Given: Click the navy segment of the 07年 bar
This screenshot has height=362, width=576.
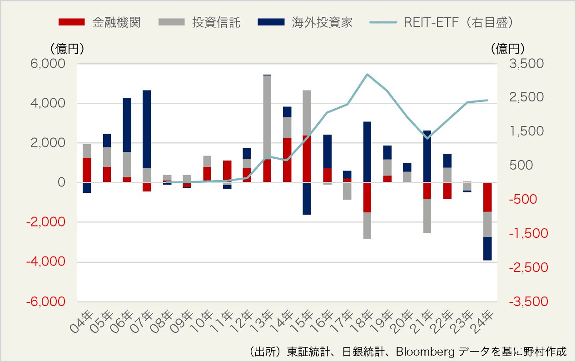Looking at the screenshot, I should click(x=147, y=129).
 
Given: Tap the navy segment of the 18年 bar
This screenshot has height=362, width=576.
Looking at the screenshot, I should click(x=367, y=152).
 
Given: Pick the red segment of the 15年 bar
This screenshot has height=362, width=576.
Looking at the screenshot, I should click(x=307, y=159).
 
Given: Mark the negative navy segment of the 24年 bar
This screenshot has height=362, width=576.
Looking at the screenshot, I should click(x=487, y=248).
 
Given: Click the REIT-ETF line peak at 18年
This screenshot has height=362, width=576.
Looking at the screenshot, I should click(x=367, y=74).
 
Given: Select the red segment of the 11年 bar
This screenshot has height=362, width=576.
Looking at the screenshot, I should click(x=227, y=171).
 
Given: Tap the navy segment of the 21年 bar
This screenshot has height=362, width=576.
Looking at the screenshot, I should click(x=427, y=156).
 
